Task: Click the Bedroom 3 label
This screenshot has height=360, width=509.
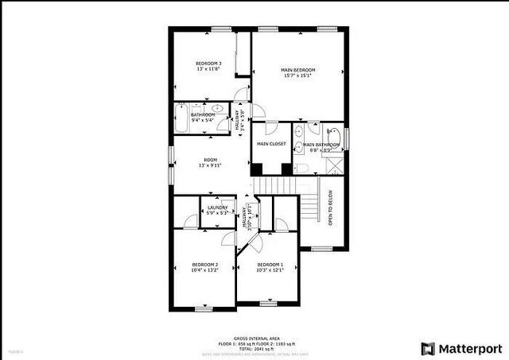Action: [x=209, y=63]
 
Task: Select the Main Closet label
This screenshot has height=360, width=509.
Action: [x=271, y=144]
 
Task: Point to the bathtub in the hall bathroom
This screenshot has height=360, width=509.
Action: [x=181, y=122]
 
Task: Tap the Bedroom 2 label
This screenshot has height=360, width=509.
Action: [x=204, y=264]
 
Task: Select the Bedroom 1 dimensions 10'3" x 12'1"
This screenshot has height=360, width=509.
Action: [x=270, y=270]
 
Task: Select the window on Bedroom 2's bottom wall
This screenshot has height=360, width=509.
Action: [x=204, y=308]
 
